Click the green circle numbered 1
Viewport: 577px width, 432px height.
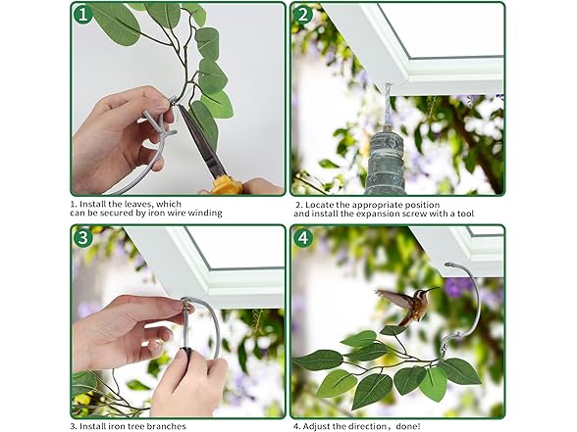(x=83, y=15)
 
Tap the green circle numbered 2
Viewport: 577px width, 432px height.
(x=303, y=15)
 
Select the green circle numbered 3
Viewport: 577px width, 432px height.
(x=83, y=237)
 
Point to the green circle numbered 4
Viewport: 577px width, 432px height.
(x=303, y=238)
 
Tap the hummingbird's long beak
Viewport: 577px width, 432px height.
(x=433, y=290)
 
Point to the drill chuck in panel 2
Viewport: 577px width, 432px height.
(x=386, y=163)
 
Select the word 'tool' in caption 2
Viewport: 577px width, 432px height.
(x=465, y=214)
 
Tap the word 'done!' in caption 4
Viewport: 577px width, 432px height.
(x=408, y=426)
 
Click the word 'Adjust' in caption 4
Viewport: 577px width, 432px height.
(x=317, y=426)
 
